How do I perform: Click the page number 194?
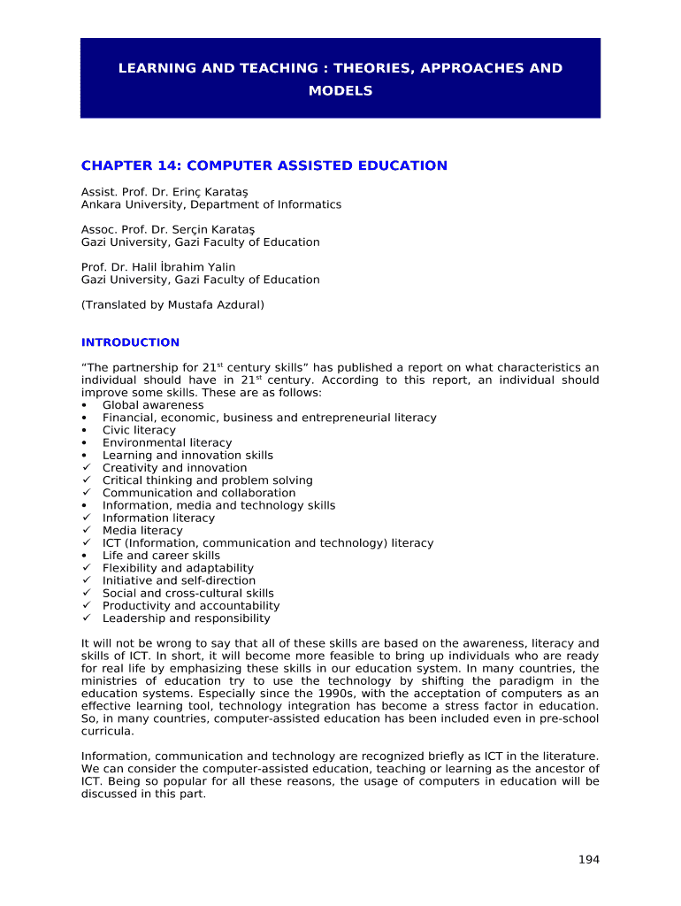pos(589,859)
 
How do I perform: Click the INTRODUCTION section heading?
pos(130,342)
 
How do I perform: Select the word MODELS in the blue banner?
pos(340,91)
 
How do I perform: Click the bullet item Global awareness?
pos(153,405)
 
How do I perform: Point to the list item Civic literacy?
pos(139,430)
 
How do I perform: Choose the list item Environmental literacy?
pos(167,442)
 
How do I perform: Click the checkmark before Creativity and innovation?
pos(85,468)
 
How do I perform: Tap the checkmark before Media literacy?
pos(85,531)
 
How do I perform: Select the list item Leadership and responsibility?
pos(187,618)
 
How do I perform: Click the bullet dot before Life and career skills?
pos(84,556)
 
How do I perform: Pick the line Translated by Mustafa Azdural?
pos(172,304)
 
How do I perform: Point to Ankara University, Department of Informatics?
pos(211,204)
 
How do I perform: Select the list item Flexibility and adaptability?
pos(178,568)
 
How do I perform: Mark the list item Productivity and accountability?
pos(191,606)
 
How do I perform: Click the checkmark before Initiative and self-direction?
pos(85,581)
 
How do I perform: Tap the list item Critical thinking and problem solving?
pos(208,480)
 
